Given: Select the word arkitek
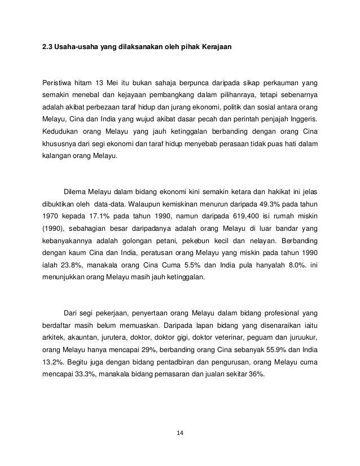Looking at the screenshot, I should pyautogui.click(x=55, y=337).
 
